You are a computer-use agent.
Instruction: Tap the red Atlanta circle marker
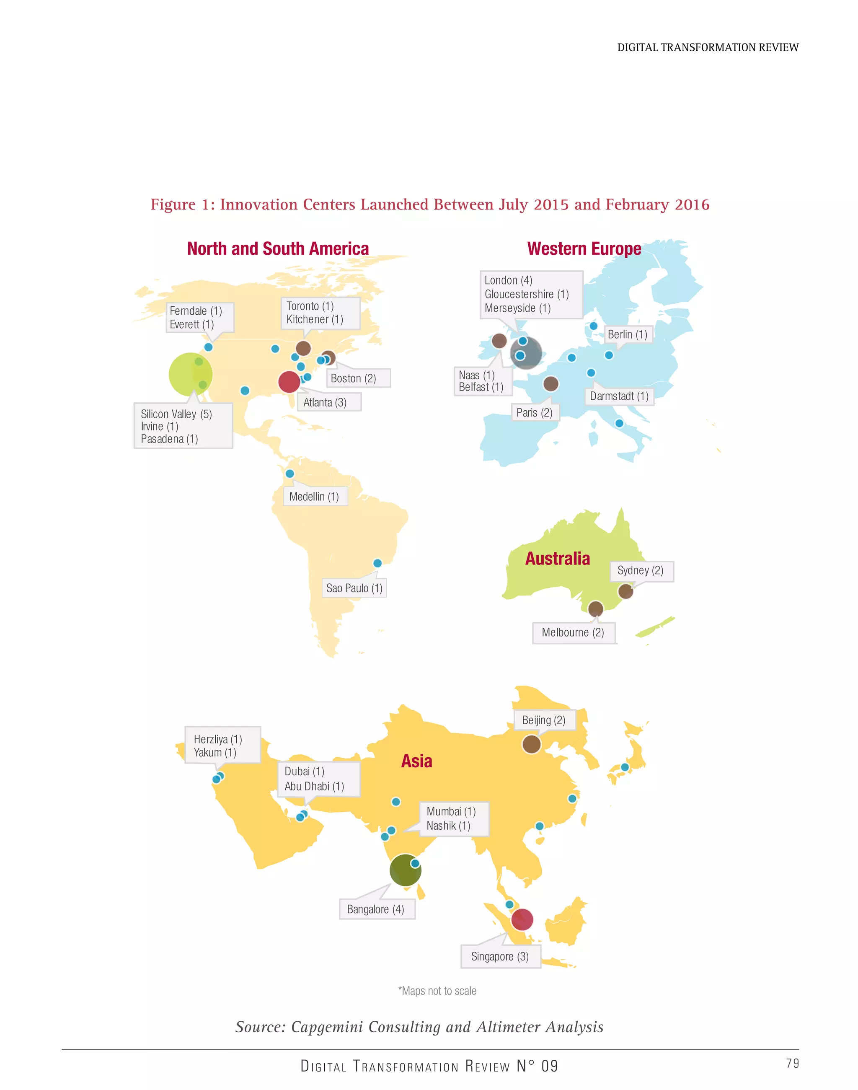click(x=289, y=382)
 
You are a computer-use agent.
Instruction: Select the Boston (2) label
click(x=353, y=378)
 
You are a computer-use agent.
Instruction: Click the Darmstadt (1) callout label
click(x=619, y=396)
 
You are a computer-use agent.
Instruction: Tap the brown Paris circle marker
click(x=551, y=384)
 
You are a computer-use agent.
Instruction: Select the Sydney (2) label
click(x=641, y=570)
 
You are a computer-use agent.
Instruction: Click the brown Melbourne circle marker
click(x=596, y=608)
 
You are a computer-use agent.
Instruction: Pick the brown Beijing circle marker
click(x=532, y=744)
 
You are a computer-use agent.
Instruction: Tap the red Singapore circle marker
click(x=522, y=919)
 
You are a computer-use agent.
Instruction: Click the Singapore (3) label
click(x=500, y=956)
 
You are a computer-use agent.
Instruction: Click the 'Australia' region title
click(x=558, y=558)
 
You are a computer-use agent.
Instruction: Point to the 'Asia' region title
click(x=416, y=761)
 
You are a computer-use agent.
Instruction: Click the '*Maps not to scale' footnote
click(x=437, y=991)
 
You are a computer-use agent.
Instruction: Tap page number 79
click(x=792, y=1063)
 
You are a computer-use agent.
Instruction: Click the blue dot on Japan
click(x=625, y=767)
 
